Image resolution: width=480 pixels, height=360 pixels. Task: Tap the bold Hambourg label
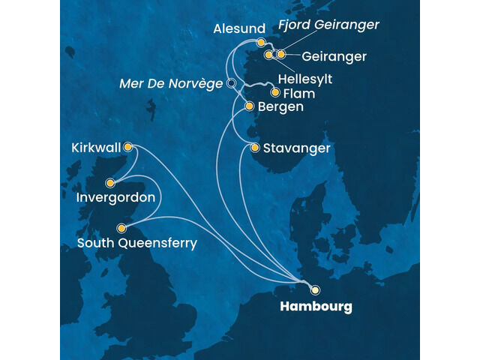click(316, 307)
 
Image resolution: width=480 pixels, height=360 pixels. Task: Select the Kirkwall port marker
click(128, 147)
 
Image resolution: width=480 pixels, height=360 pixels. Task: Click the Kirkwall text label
click(96, 147)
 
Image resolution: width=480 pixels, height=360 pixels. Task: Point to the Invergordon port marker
click(110, 181)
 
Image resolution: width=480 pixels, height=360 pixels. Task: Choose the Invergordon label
click(115, 198)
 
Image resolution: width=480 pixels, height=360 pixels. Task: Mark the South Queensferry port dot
click(121, 228)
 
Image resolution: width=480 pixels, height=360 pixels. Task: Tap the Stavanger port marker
click(256, 148)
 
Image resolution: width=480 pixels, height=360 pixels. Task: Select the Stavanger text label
click(296, 148)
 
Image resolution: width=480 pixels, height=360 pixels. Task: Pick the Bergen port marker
click(250, 106)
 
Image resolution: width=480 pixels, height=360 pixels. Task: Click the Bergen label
click(280, 107)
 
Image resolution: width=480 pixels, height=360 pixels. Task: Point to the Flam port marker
click(275, 93)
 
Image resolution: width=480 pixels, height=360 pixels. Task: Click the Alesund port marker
click(261, 43)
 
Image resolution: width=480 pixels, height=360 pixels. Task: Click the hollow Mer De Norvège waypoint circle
click(231, 83)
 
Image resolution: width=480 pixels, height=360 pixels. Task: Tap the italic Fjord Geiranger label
click(328, 25)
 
